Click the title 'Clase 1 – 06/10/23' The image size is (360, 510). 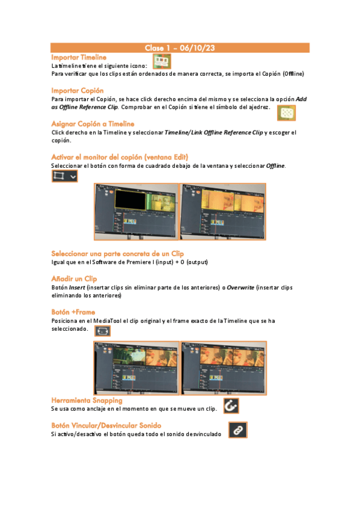180,48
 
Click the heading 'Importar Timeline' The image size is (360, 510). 78,57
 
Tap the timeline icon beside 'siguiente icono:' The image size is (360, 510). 161,61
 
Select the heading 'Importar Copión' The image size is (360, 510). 78,90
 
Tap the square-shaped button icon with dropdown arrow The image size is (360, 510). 64,176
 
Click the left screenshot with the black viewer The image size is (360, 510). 136,212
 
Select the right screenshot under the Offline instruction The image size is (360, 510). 222,212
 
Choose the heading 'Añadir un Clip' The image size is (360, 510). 74,279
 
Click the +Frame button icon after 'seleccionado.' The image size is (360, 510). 102,331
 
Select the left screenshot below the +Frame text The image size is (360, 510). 136,368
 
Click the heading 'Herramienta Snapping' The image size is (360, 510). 87,400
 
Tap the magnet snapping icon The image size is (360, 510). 230,406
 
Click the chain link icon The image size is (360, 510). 238,430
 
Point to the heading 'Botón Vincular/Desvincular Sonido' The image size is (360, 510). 106,425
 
